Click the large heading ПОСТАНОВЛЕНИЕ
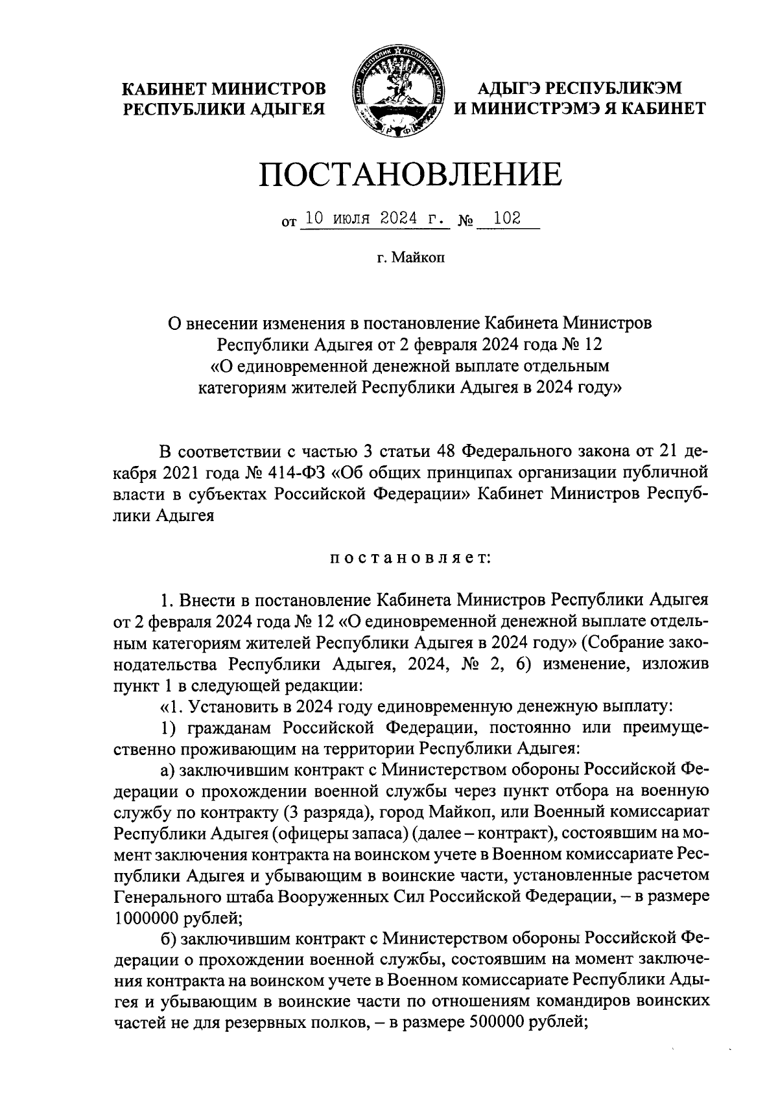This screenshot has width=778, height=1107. pos(410,174)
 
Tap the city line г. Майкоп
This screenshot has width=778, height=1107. pos(410,259)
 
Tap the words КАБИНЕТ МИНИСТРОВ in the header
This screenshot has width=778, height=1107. pos(225,87)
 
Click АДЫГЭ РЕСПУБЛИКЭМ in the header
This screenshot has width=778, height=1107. pos(580,87)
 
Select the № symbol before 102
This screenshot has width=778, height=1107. pos(465,222)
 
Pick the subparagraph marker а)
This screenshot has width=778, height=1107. pos(169,769)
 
